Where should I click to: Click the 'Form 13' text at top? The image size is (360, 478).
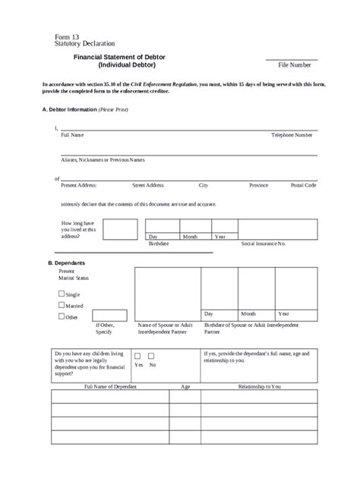[67, 36]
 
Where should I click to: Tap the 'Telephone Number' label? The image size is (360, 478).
[292, 134]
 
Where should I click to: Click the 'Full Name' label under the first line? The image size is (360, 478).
[72, 134]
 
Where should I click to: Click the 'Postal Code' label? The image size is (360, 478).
[303, 184]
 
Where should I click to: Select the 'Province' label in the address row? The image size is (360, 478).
[258, 184]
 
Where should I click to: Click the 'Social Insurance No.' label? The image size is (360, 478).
[263, 244]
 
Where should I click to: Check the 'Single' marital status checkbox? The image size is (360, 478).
[62, 293]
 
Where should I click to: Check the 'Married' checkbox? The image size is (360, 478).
[62, 305]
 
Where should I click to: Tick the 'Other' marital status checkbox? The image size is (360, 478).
[62, 317]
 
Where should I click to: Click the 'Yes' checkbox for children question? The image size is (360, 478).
[137, 355]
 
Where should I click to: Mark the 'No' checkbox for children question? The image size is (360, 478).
[151, 355]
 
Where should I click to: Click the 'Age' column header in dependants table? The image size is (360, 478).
[185, 386]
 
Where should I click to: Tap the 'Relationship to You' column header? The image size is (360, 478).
[259, 386]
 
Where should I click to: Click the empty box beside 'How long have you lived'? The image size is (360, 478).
[120, 229]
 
